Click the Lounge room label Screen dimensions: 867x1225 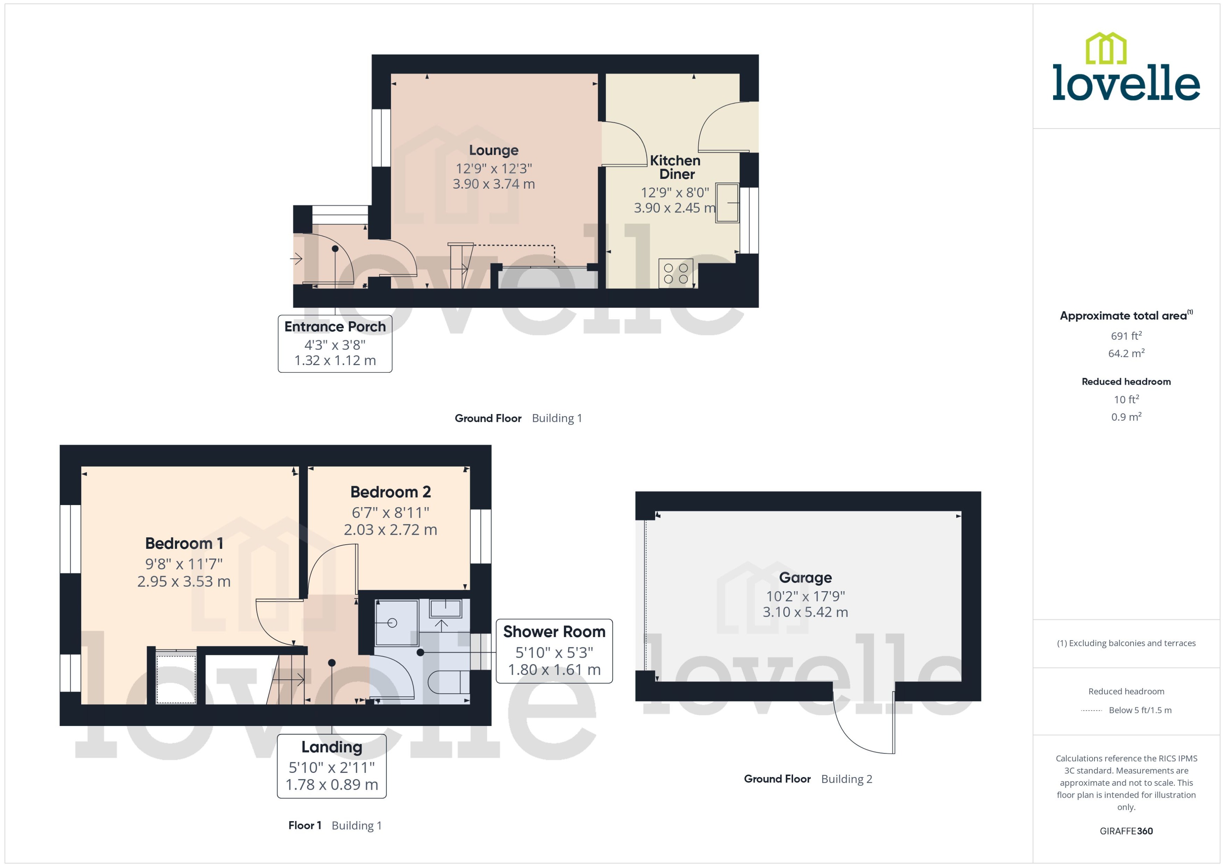coord(493,151)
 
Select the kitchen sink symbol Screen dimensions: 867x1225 coord(727,202)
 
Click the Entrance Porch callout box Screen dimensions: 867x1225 coord(335,343)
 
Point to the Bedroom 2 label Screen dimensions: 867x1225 coord(390,492)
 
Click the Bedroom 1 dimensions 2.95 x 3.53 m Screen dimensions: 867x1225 coord(184,581)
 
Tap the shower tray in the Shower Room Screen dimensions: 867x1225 coord(396,622)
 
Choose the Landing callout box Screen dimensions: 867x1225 coord(331,765)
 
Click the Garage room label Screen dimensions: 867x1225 coord(805,578)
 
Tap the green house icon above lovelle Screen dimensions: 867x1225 coord(1106,48)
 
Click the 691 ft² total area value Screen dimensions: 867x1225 coord(1126,336)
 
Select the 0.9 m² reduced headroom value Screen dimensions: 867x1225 coord(1126,417)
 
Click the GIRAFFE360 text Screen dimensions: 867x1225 coord(1126,831)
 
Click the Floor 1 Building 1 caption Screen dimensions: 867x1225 coord(335,825)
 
